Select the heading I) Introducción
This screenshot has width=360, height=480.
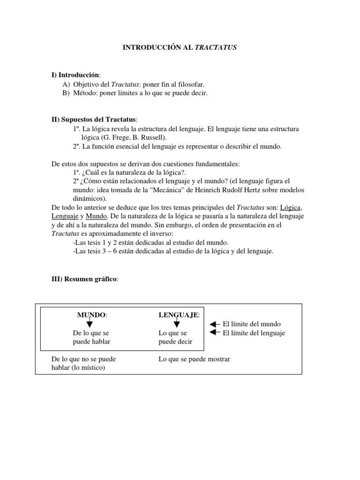tap(75, 75)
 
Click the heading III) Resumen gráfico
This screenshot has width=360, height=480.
tap(84, 279)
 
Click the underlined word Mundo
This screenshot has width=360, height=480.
tap(96, 216)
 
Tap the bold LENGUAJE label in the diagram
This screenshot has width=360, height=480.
tap(179, 315)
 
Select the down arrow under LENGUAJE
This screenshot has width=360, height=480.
tap(176, 323)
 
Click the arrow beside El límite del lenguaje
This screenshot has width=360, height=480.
tap(214, 333)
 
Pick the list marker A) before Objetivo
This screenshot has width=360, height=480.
tap(66, 84)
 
